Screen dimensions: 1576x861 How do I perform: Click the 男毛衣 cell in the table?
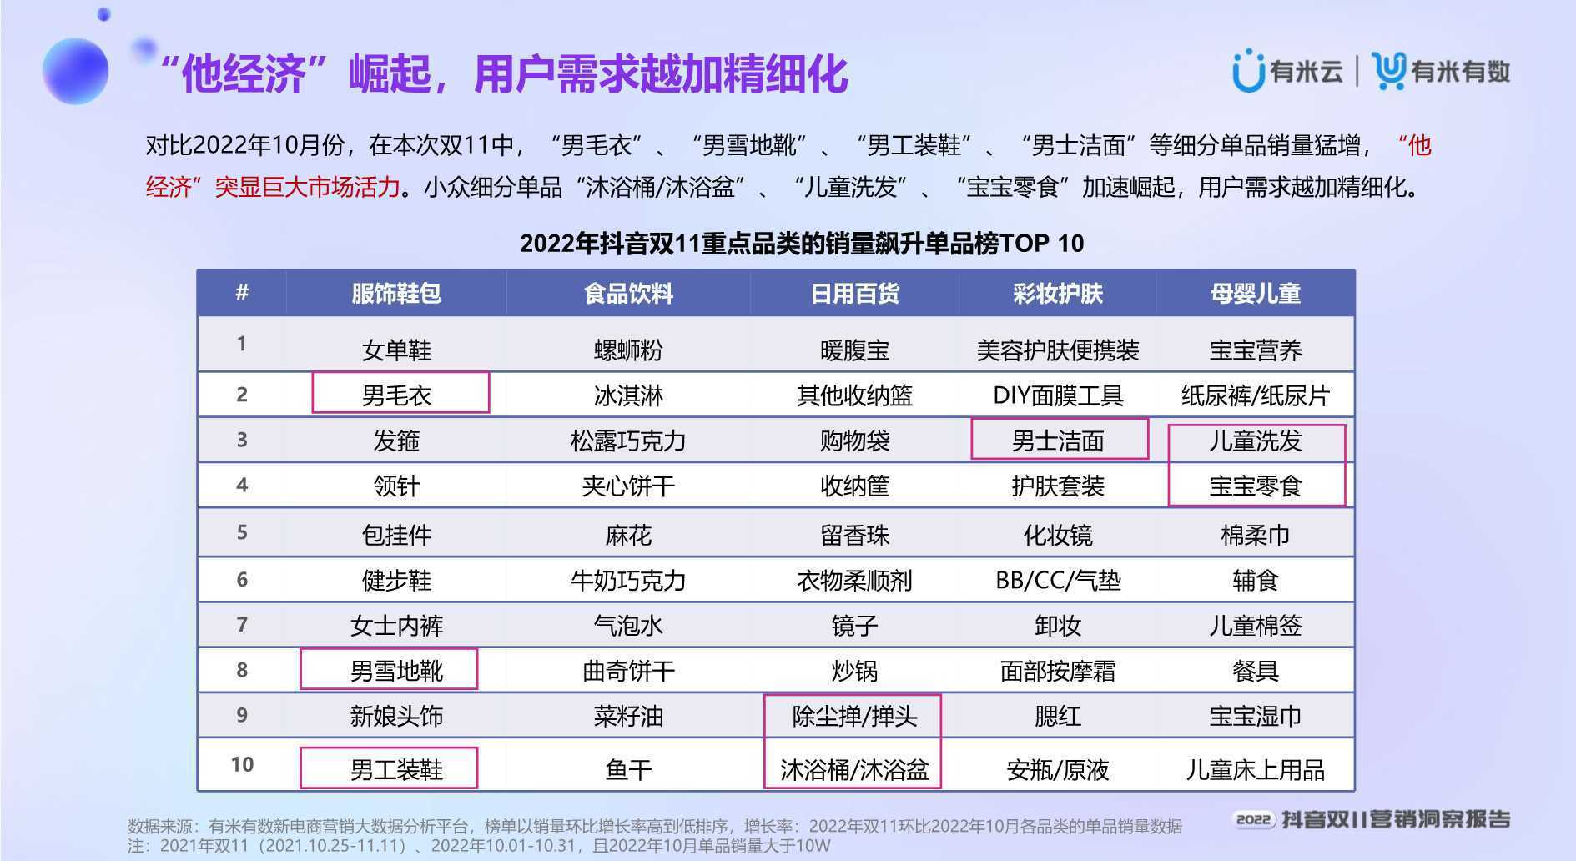(397, 395)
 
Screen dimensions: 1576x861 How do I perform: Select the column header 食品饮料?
(628, 294)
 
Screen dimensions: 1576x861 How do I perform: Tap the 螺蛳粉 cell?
(628, 350)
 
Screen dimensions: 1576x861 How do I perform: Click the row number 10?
(242, 764)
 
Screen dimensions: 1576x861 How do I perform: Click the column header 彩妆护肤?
(1058, 294)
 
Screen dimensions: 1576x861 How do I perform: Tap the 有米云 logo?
(1287, 71)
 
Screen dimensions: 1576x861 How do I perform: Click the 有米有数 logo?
(1442, 71)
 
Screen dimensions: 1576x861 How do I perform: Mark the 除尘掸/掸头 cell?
(854, 716)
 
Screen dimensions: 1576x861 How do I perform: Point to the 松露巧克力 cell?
(628, 441)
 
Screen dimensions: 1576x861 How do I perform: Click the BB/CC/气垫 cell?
(1058, 580)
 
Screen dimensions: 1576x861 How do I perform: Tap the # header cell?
(242, 293)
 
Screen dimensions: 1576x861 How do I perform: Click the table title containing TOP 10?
(802, 244)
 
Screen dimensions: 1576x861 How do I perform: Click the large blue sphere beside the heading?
(75, 71)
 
